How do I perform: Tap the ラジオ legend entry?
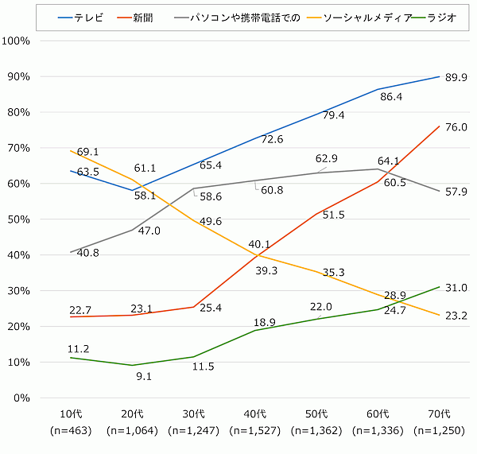point(441,17)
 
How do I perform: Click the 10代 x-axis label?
point(72,413)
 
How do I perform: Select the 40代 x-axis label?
point(255,413)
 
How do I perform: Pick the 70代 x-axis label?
point(439,413)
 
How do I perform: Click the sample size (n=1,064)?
point(134,430)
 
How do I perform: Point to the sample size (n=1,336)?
point(378,430)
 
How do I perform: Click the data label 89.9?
point(456,77)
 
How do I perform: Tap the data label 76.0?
point(456,126)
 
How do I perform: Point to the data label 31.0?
point(456,288)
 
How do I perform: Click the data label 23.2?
point(456,316)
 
